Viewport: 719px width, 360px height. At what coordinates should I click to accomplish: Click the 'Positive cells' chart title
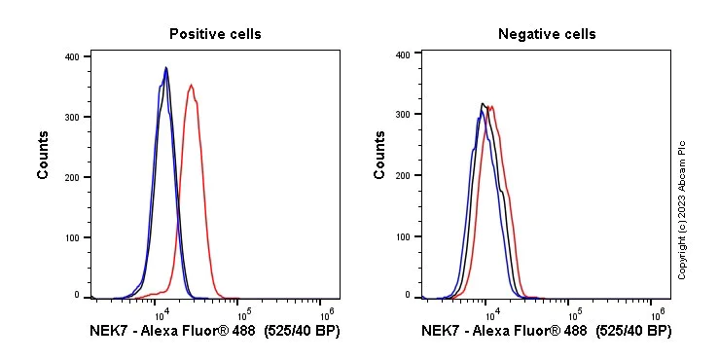[215, 34]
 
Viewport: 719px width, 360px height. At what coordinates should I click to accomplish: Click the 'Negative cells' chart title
[547, 34]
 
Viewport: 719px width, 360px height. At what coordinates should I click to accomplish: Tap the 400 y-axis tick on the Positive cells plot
[71, 56]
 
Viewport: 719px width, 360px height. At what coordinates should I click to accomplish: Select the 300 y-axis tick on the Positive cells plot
[71, 117]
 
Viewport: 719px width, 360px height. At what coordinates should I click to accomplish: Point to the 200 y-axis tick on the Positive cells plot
[71, 176]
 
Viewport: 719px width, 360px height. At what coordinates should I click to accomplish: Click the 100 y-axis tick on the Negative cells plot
[402, 235]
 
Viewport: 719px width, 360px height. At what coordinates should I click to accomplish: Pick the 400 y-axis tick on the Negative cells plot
[402, 54]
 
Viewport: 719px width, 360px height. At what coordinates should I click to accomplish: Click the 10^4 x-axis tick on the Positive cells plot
[161, 313]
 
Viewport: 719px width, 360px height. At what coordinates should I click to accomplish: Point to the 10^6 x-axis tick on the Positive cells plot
[327, 313]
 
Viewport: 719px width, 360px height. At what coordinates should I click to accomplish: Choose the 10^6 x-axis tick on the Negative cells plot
[658, 313]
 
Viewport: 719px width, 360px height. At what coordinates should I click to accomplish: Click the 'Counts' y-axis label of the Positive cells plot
[44, 156]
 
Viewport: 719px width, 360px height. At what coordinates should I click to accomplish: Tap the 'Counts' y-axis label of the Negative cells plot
[379, 156]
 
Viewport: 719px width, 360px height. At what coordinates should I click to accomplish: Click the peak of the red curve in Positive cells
[192, 85]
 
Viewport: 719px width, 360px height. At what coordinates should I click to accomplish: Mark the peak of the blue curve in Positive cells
[165, 68]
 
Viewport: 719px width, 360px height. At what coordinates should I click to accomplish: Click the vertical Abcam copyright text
[682, 209]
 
